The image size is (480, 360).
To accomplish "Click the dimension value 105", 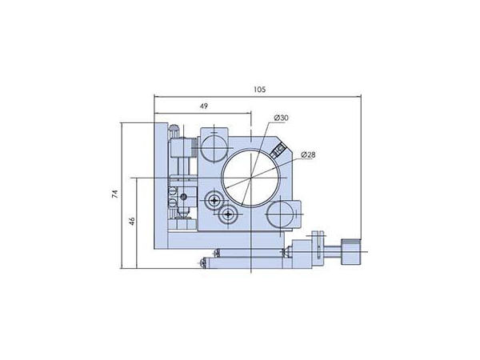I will (258, 90).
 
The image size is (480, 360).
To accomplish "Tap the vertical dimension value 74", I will (115, 193).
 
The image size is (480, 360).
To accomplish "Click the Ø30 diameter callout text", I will (281, 119).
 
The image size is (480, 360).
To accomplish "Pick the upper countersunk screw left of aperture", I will (214, 200).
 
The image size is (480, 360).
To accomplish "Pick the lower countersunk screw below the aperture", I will (230, 214).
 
